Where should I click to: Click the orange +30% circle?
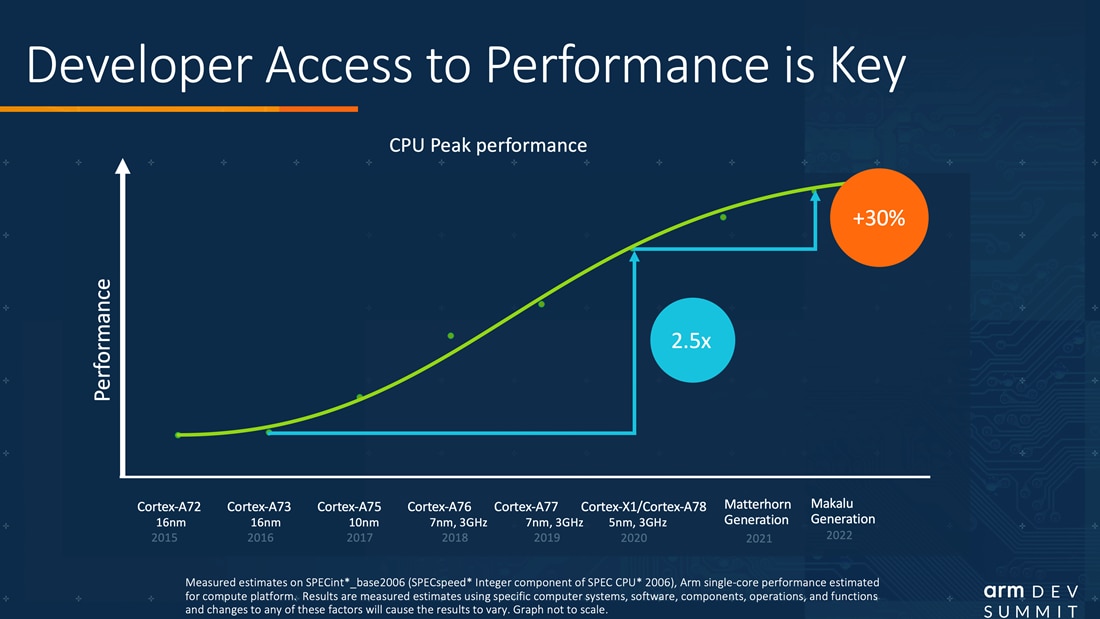click(x=878, y=219)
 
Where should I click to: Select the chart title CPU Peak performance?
click(x=487, y=146)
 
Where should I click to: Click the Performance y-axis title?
click(x=102, y=340)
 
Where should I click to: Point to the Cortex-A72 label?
click(x=169, y=507)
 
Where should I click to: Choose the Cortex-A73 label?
click(x=260, y=507)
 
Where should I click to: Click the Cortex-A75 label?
click(x=349, y=507)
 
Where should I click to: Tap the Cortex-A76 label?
click(x=439, y=507)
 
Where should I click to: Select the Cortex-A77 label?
click(x=526, y=507)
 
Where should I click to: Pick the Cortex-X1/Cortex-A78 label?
click(x=643, y=507)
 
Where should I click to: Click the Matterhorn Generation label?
click(x=757, y=512)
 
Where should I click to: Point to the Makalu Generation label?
click(x=842, y=511)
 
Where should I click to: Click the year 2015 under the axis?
click(x=164, y=538)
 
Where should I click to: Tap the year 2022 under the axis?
click(x=840, y=536)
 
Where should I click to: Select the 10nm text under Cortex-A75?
click(x=363, y=522)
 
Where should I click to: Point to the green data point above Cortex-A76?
click(x=451, y=335)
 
